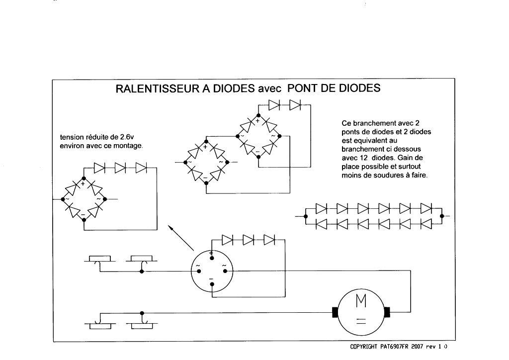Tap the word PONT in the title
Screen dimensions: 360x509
pos(307,89)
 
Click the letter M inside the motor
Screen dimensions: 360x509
pos(360,301)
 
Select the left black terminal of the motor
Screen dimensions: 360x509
pos(335,312)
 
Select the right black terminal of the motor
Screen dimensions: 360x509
pos(387,312)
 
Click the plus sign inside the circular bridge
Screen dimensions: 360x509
pos(211,254)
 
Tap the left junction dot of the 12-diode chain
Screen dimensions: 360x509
pos(305,216)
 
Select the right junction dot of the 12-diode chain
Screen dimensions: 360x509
pos(441,216)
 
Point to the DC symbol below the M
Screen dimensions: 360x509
pos(360,321)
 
